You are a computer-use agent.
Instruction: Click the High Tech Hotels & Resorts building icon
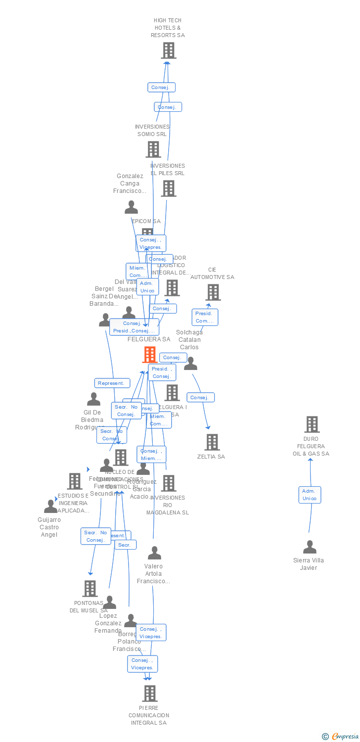pos(169,50)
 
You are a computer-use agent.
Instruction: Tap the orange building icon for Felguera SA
pos(150,355)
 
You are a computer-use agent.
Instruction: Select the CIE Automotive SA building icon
pos(213,292)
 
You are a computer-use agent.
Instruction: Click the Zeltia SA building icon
pos(212,442)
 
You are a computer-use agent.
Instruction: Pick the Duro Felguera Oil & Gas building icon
pos(312,424)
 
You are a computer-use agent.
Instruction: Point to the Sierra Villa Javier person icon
pos(310,547)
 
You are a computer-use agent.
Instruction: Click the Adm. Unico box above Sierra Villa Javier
pos(310,495)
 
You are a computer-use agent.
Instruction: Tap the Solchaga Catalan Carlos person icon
pos(190,364)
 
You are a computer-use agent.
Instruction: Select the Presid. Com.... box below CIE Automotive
pos(205,317)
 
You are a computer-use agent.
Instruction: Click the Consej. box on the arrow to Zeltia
pos(200,397)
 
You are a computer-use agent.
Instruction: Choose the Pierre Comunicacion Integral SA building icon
pos(150,694)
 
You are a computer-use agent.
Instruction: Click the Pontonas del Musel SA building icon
pos(90,589)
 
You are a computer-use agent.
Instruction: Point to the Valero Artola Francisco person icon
pos(155,553)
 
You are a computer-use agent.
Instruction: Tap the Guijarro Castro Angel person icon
pos(50,507)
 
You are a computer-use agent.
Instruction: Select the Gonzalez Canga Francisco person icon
pos(131,207)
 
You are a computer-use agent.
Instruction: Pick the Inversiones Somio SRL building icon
pos(153,149)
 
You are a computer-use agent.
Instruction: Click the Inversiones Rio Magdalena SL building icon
pos(169,483)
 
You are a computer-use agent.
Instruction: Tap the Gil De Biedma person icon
pos(93,399)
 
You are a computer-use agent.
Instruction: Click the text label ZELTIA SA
pos(211,457)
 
